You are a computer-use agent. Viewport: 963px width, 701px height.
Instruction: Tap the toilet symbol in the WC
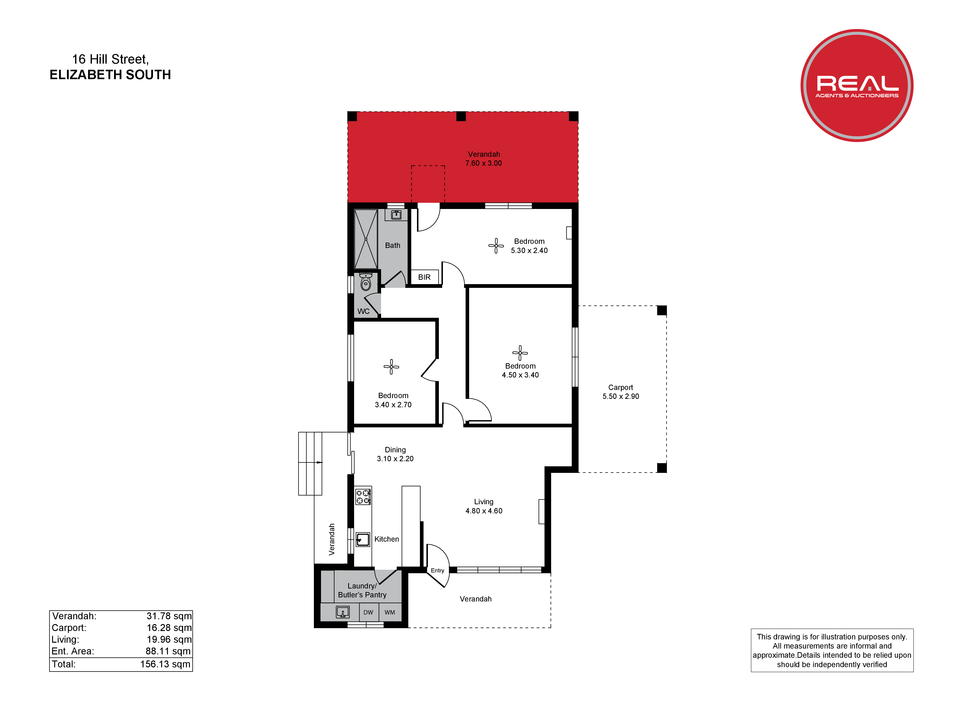click(x=366, y=282)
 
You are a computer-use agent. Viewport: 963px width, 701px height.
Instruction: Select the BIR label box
click(x=424, y=277)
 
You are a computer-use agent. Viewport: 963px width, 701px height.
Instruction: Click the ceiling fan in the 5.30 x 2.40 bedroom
click(x=496, y=246)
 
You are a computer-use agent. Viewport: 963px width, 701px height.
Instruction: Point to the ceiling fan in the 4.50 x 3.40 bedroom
click(x=520, y=353)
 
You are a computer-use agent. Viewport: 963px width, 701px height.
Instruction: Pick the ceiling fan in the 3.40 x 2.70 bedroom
click(x=391, y=367)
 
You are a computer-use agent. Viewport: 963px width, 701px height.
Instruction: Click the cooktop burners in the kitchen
click(x=363, y=497)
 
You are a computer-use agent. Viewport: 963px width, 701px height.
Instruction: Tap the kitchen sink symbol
click(x=362, y=540)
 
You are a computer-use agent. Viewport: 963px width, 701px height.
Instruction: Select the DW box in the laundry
click(x=368, y=612)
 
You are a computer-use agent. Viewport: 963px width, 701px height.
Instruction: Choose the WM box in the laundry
click(x=390, y=612)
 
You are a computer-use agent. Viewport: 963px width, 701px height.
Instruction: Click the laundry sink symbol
click(x=343, y=612)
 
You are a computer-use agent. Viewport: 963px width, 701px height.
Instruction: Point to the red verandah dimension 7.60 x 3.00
click(x=484, y=163)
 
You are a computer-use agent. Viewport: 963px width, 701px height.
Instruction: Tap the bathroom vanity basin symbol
click(x=396, y=215)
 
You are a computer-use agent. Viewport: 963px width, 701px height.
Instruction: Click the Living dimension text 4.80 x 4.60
click(x=484, y=511)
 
